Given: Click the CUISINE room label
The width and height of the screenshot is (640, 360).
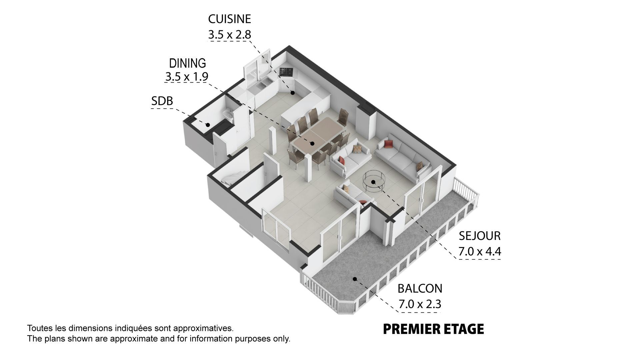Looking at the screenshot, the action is [229, 19].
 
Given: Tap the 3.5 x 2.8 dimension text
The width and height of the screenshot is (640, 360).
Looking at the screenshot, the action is [229, 34].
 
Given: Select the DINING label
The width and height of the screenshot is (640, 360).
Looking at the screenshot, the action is [187, 63].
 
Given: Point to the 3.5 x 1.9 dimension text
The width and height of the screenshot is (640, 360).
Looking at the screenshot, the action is [187, 77].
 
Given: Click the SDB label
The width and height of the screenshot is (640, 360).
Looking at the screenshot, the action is [162, 101].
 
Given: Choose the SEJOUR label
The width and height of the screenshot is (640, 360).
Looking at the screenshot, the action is [480, 236].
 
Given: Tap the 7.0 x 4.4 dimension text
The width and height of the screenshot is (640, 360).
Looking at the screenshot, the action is [480, 251].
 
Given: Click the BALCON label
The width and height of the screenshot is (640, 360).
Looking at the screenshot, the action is [420, 288].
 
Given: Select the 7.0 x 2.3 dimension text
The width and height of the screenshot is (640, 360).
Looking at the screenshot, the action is [420, 304].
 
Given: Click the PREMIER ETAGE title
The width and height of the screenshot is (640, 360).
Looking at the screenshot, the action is [433, 329].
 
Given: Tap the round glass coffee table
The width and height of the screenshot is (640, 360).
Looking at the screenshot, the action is [373, 181].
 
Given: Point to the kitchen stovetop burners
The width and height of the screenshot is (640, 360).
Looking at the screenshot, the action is [286, 72].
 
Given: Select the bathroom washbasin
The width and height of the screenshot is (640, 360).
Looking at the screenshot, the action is [227, 114].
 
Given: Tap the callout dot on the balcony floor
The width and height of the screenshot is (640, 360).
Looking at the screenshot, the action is [355, 279].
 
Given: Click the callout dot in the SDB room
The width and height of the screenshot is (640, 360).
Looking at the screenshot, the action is [208, 125].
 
